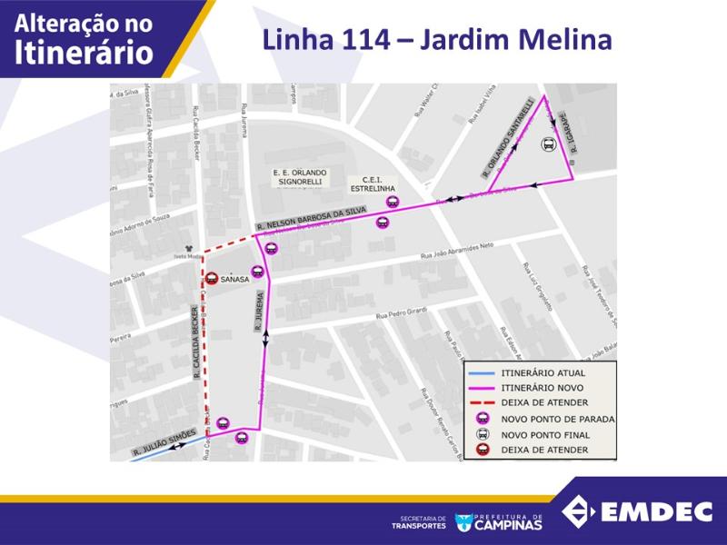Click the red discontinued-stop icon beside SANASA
(211, 280)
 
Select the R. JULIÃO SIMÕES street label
(164, 444)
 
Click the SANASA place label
(234, 280)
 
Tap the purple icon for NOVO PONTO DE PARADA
(483, 419)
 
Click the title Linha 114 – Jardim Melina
(436, 41)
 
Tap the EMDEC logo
(636, 511)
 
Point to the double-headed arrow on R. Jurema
(265, 336)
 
